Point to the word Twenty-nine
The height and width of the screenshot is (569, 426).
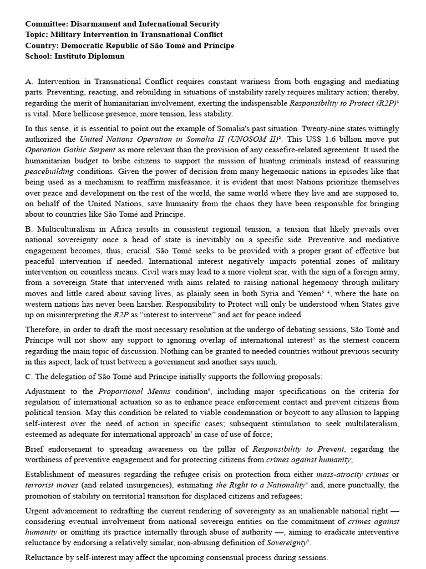click(288, 128)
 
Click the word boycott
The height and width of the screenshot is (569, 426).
click(239, 412)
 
